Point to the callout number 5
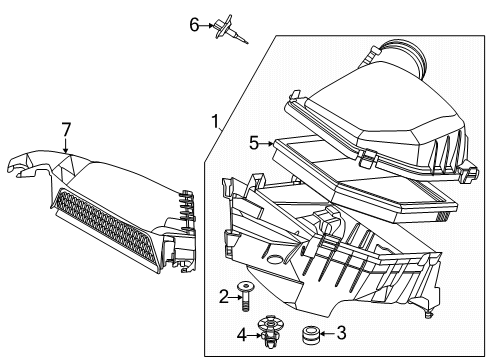pos(253,144)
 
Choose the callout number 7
pos(66,130)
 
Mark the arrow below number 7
pos(66,148)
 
